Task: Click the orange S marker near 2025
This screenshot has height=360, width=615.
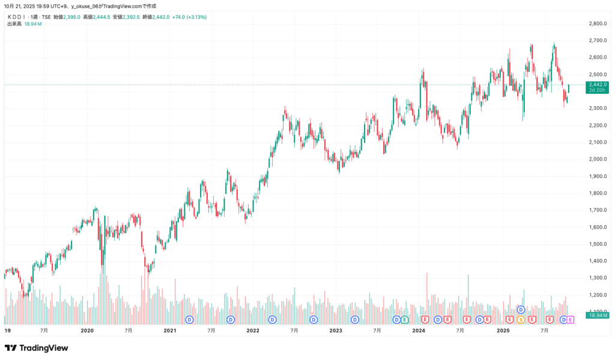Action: (x=521, y=319)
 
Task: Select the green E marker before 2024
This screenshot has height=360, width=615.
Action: (x=405, y=319)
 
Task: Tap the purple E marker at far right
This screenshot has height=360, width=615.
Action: (x=570, y=319)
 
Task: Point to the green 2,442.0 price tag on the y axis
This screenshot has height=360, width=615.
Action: (x=598, y=85)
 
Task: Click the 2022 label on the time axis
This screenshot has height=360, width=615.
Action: (x=253, y=331)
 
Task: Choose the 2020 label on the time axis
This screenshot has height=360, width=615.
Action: (x=87, y=331)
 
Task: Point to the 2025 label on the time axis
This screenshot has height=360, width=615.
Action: (x=503, y=331)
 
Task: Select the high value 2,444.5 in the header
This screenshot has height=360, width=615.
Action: (x=101, y=17)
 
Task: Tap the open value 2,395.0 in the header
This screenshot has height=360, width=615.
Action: (x=71, y=17)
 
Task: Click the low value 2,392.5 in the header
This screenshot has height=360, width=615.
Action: (x=130, y=17)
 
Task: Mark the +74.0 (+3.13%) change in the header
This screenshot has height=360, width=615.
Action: (x=189, y=17)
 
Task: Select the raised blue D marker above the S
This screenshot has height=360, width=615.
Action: (x=521, y=310)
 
